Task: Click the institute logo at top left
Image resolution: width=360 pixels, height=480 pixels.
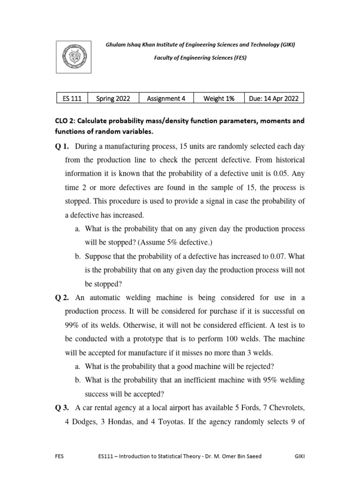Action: pyautogui.click(x=72, y=57)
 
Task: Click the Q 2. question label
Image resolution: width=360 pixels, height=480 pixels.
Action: pyautogui.click(x=63, y=298)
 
